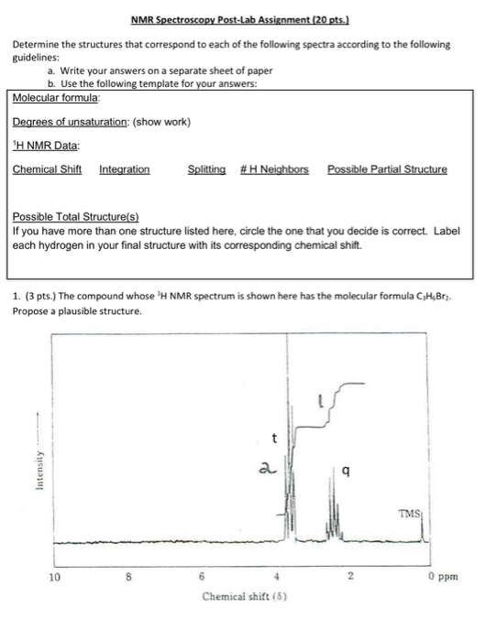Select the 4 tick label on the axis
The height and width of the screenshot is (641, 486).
pos(278,579)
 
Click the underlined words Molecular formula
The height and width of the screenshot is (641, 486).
pos(56,97)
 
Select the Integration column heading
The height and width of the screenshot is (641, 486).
pos(124,169)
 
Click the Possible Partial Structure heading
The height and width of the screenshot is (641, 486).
pos(387,169)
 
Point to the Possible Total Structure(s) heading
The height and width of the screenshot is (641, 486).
pos(76,217)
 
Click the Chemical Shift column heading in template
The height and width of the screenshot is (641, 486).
pos(47,169)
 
